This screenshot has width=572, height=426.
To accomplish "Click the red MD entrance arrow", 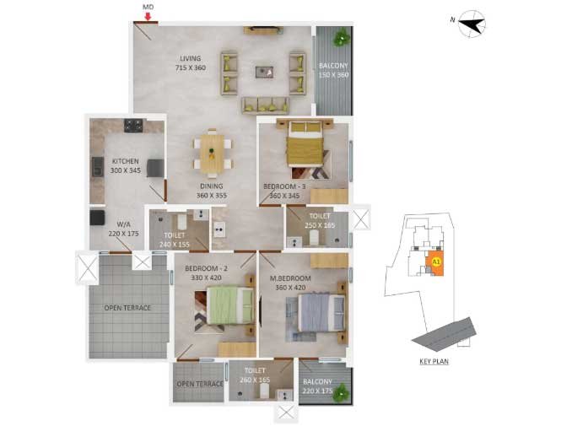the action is pos(148,17).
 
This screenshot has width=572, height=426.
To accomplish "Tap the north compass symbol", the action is pos(472,24).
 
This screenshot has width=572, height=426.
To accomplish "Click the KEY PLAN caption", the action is pos(434,361).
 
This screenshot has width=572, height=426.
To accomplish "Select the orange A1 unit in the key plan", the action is pos(436,263).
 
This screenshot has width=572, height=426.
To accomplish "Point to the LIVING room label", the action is pos(191,58).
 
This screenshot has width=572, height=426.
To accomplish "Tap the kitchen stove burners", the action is pos(133,126).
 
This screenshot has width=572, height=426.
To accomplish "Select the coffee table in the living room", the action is pos(264,72).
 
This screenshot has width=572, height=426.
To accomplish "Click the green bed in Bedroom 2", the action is pos(230,305).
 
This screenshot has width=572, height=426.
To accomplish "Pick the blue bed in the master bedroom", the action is pos(321,313).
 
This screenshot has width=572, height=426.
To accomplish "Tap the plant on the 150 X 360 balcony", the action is pos(343,37).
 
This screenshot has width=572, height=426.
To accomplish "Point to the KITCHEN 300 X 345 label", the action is pos(126,165).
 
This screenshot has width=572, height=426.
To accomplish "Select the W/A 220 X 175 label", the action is pos(123,229).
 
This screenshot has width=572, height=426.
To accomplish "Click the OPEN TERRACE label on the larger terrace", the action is pos(127,308).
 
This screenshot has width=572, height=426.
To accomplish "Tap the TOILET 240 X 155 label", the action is pos(175,240).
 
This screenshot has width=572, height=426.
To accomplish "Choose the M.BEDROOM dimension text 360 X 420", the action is pos(290,288).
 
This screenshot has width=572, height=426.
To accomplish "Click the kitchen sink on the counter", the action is pos(97,167).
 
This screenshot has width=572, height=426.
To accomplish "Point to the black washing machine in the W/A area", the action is pos(97,218).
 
